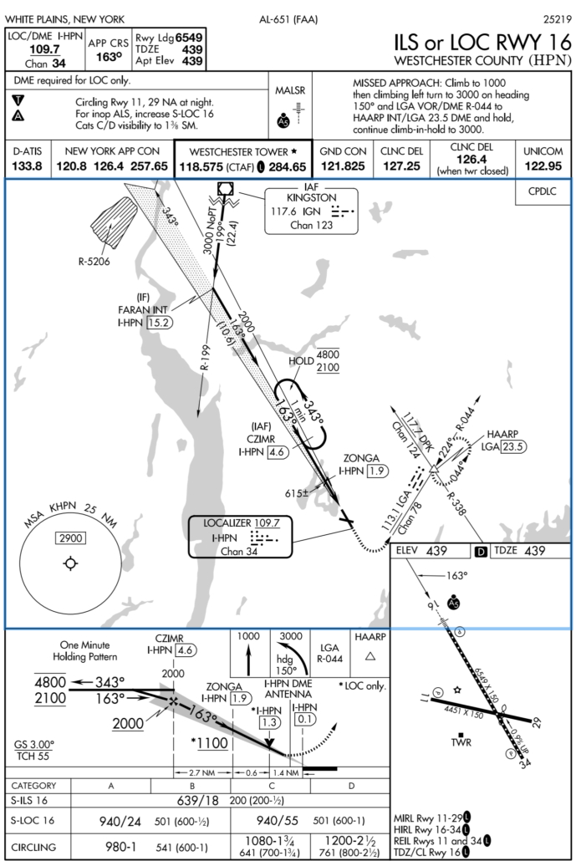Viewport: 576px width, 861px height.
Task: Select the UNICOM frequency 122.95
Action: tap(543, 166)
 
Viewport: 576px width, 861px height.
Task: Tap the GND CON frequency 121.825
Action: tap(344, 166)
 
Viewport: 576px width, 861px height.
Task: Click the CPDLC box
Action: tap(543, 191)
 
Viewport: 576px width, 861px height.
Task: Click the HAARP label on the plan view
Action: tap(502, 434)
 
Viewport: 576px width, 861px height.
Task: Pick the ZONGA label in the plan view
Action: tap(360, 458)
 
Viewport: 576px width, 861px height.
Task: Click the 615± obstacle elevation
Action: tap(295, 494)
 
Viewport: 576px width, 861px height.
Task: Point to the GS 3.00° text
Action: tap(34, 744)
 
